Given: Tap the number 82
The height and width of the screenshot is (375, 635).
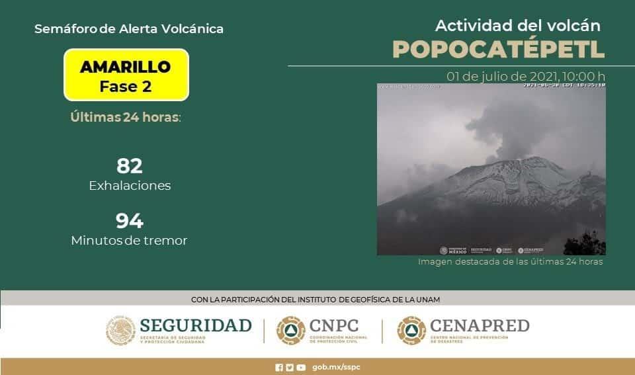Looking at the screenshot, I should tap(130, 166).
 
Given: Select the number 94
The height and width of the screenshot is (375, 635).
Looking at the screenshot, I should tap(130, 220).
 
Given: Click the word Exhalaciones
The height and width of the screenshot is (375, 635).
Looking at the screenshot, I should tap(130, 186).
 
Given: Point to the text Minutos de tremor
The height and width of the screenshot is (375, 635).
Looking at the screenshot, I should tap(129, 241).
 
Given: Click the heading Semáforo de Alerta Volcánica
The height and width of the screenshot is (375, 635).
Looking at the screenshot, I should tap(128, 29).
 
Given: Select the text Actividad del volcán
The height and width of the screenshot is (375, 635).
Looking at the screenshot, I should tap(517, 25).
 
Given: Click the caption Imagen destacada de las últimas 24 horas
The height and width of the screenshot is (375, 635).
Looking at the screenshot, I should tap(510, 262).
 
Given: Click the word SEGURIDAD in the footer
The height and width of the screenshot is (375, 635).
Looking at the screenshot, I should tap(196, 325).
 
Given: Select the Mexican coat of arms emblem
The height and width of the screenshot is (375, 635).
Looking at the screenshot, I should tap(120, 330).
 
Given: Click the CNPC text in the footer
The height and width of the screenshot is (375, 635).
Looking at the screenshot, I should tap(334, 325).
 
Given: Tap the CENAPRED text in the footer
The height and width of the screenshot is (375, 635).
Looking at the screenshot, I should tap(480, 325).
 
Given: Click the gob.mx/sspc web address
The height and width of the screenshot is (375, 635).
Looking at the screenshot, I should tap(337, 367).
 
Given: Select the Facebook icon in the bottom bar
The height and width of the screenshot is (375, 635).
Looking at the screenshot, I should tap(279, 367).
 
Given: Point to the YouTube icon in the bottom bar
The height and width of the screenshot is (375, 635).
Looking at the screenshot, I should tap(301, 367).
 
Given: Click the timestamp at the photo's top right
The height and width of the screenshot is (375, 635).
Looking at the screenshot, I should tap(564, 85).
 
